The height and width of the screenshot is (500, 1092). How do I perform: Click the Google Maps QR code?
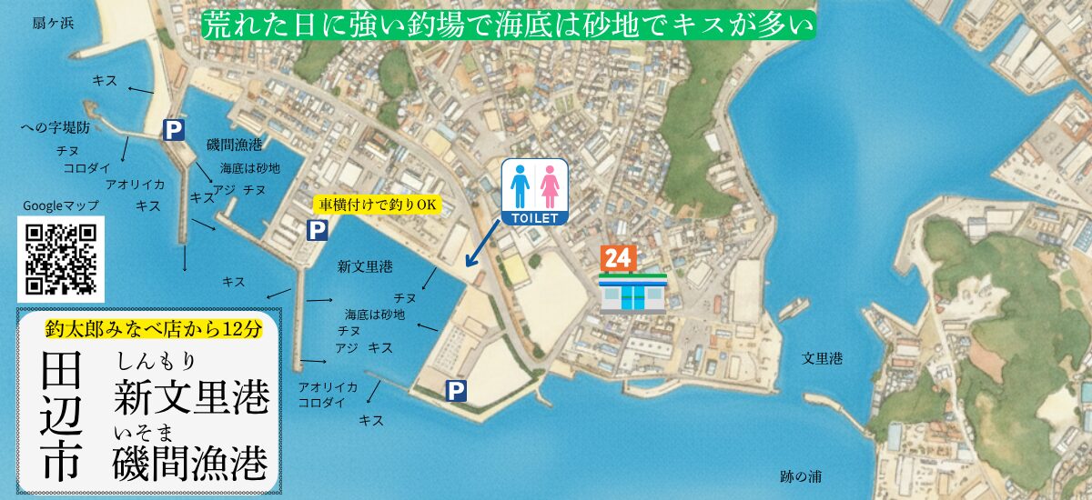point(61,259)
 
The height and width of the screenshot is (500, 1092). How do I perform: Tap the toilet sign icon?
point(535,192)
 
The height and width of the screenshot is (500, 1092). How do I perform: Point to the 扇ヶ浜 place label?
point(52,22)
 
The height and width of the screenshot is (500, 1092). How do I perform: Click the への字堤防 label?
point(56,128)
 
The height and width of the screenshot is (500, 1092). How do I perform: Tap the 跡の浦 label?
point(802,475)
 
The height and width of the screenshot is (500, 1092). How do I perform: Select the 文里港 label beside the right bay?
point(821,358)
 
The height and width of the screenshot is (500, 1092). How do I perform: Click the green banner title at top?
point(507,24)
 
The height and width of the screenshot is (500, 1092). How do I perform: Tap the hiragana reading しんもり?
point(156,361)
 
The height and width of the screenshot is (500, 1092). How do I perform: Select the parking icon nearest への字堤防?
point(173,130)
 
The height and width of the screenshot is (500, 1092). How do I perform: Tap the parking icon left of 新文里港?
point(316,231)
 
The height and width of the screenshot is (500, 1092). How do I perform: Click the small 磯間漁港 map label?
point(234,144)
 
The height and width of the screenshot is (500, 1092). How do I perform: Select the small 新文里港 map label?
point(364,267)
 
